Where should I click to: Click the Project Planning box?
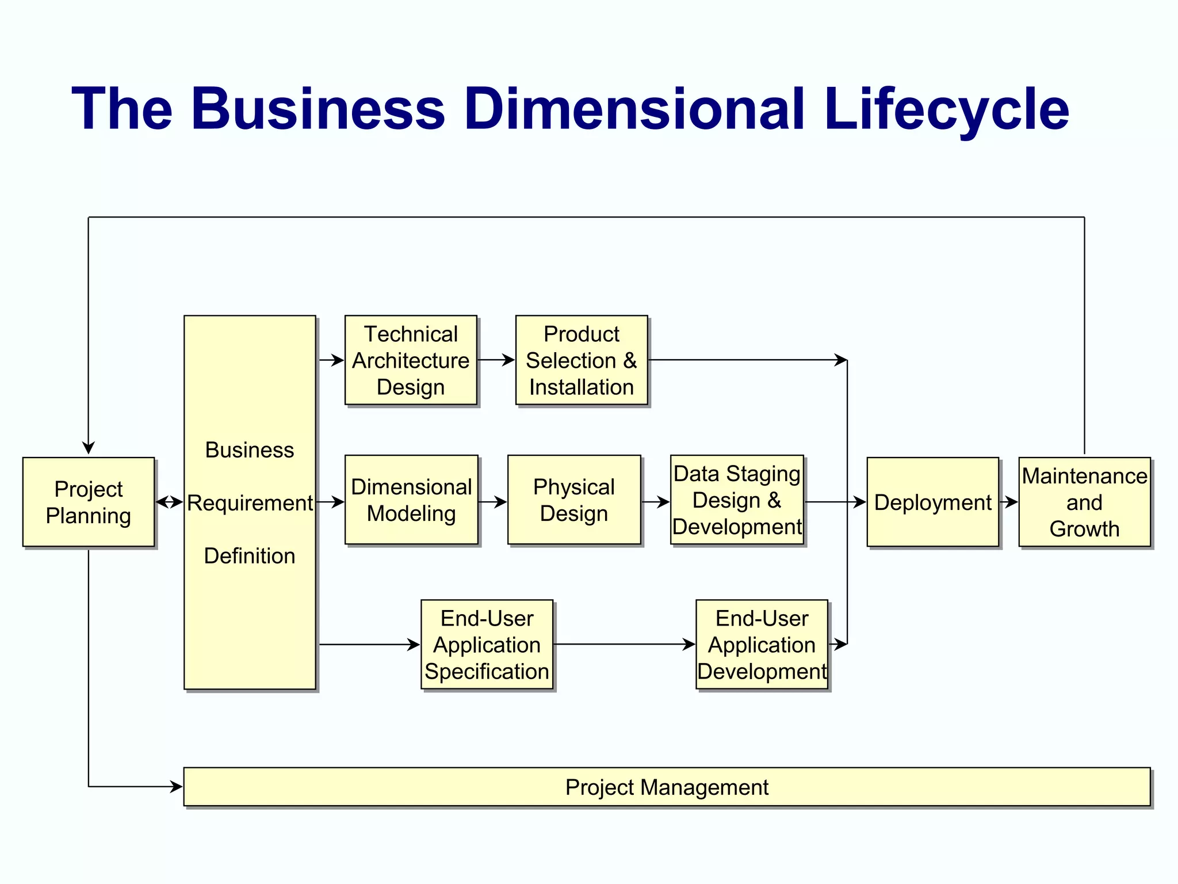pyautogui.click(x=89, y=502)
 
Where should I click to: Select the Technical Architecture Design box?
pyautogui.click(x=411, y=360)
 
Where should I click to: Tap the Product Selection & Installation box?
pyautogui.click(x=582, y=360)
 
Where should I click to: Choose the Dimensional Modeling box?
pyautogui.click(x=411, y=500)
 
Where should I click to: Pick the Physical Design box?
pyautogui.click(x=574, y=500)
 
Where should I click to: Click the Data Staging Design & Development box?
pyautogui.click(x=737, y=500)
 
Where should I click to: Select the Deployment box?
pyautogui.click(x=932, y=502)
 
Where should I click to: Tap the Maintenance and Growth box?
pyautogui.click(x=1084, y=502)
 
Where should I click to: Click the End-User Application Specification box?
pyautogui.click(x=487, y=645)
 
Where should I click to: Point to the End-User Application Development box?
pyautogui.click(x=762, y=645)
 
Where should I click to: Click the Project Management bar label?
pyautogui.click(x=667, y=787)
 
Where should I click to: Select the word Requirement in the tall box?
pyautogui.click(x=250, y=503)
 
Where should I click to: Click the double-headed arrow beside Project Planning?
pyautogui.click(x=169, y=502)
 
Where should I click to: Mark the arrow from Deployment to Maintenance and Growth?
pyautogui.click(x=1009, y=502)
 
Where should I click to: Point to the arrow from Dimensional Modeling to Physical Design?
pyautogui.click(x=493, y=502)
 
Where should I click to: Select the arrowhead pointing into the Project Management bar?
pyautogui.click(x=176, y=787)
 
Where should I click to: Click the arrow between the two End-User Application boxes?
pyautogui.click(x=624, y=645)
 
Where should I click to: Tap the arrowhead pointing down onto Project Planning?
pyautogui.click(x=89, y=448)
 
